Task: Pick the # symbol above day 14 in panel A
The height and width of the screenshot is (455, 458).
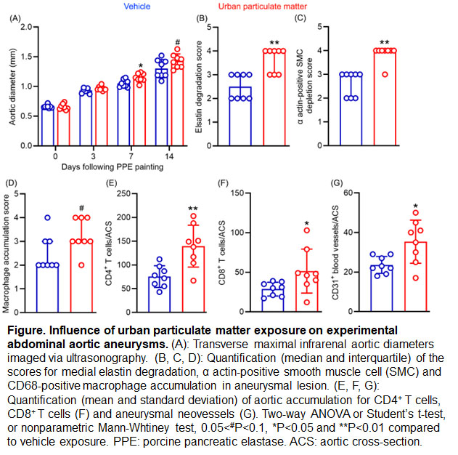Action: (x=177, y=42)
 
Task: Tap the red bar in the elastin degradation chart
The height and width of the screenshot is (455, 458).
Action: (x=274, y=98)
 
